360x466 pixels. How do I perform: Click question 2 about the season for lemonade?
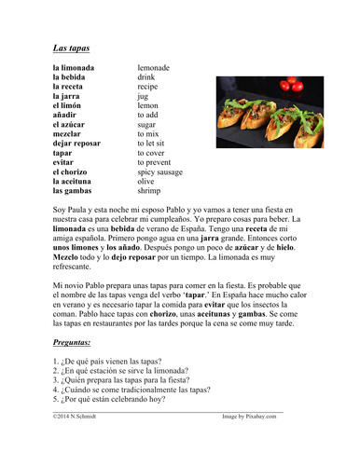point(122,370)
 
